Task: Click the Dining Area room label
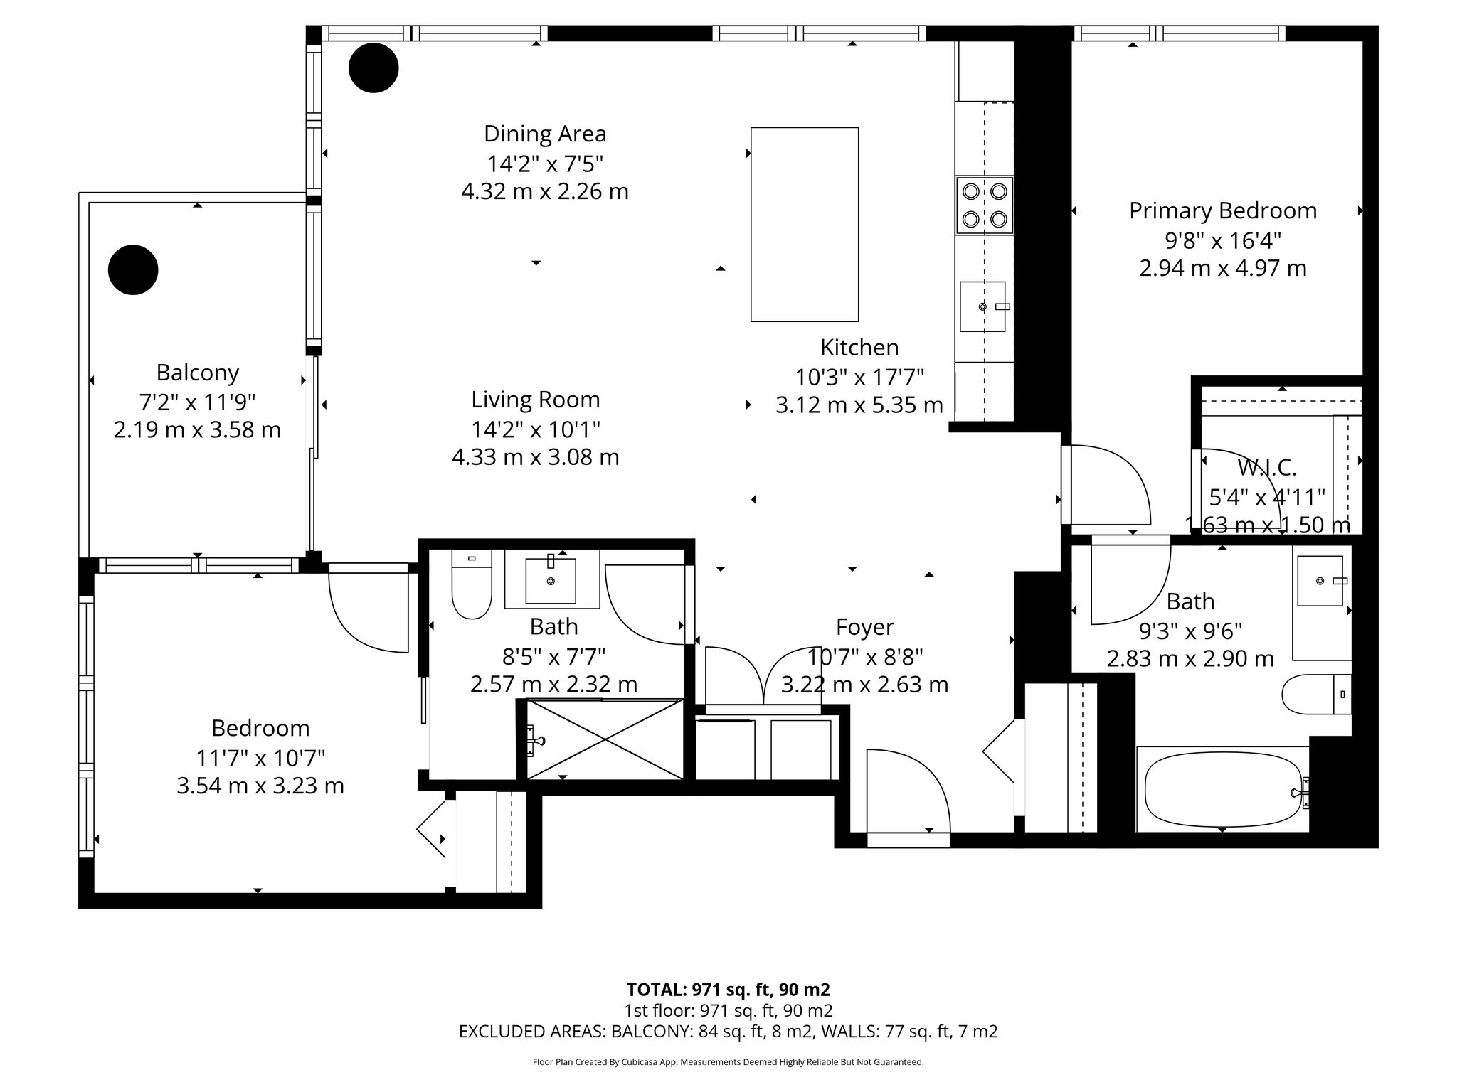[x=545, y=134]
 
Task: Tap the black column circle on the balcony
[x=133, y=269]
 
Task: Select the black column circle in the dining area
[x=373, y=68]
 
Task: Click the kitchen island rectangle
[x=805, y=224]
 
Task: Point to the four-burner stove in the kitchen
[x=985, y=205]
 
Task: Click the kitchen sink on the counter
[x=982, y=306]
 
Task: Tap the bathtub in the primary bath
[x=1222, y=788]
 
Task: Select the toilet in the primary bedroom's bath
[x=1316, y=694]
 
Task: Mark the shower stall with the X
[x=604, y=739]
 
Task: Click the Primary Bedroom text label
[x=1223, y=210]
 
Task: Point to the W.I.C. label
[x=1267, y=467]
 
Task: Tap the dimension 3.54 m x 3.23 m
[x=260, y=786]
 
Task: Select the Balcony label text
[x=197, y=373]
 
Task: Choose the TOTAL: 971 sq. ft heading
[x=728, y=989]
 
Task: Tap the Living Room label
[x=535, y=400]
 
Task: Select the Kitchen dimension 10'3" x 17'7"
[x=859, y=376]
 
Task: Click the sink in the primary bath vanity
[x=1320, y=581]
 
